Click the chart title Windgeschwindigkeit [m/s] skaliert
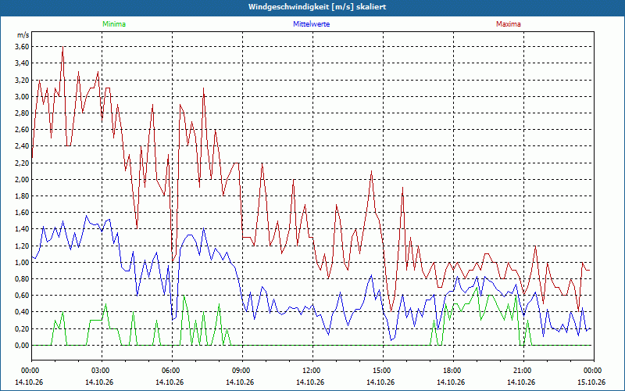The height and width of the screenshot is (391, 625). tap(317, 7)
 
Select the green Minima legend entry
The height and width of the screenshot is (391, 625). tap(114, 24)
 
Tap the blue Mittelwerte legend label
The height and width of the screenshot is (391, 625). tap(311, 24)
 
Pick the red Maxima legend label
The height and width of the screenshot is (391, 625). tap(509, 24)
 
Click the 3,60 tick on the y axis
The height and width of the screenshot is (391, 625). tap(23, 47)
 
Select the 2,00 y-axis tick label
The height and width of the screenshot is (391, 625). tap(23, 180)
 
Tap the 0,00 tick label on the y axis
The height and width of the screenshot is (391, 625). tap(23, 346)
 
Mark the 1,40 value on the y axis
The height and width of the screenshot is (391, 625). tap(23, 229)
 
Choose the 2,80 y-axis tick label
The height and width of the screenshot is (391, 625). tap(23, 113)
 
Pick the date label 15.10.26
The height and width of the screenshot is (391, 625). tap(591, 382)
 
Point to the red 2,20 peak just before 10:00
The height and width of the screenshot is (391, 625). tap(262, 163)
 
